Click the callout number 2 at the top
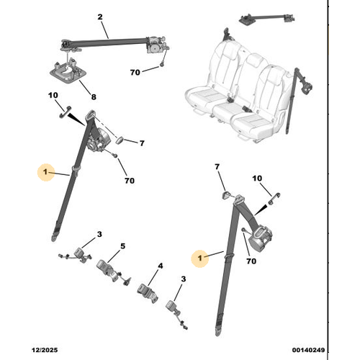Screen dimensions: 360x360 point(100,17)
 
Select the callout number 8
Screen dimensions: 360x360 point(94,97)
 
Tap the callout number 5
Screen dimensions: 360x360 point(122,246)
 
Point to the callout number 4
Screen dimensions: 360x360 point(161,266)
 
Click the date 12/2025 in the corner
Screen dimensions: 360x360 point(45,350)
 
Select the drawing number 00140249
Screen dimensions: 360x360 point(308,350)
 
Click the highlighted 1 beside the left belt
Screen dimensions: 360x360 point(45,172)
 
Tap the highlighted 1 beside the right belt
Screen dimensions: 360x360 point(199,258)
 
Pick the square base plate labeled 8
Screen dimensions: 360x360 point(68,71)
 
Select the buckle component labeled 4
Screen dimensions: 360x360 point(148,293)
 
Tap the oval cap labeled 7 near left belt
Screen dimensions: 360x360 point(120,140)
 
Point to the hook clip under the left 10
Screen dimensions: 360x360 point(65,112)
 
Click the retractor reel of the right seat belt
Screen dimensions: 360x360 point(261,239)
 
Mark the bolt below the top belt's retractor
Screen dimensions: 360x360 point(162,64)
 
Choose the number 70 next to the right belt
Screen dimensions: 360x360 point(251,261)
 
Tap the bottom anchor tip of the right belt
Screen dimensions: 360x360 point(218,333)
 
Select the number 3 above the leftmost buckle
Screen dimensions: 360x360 point(99,234)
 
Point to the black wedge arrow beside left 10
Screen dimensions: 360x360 point(76,120)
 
